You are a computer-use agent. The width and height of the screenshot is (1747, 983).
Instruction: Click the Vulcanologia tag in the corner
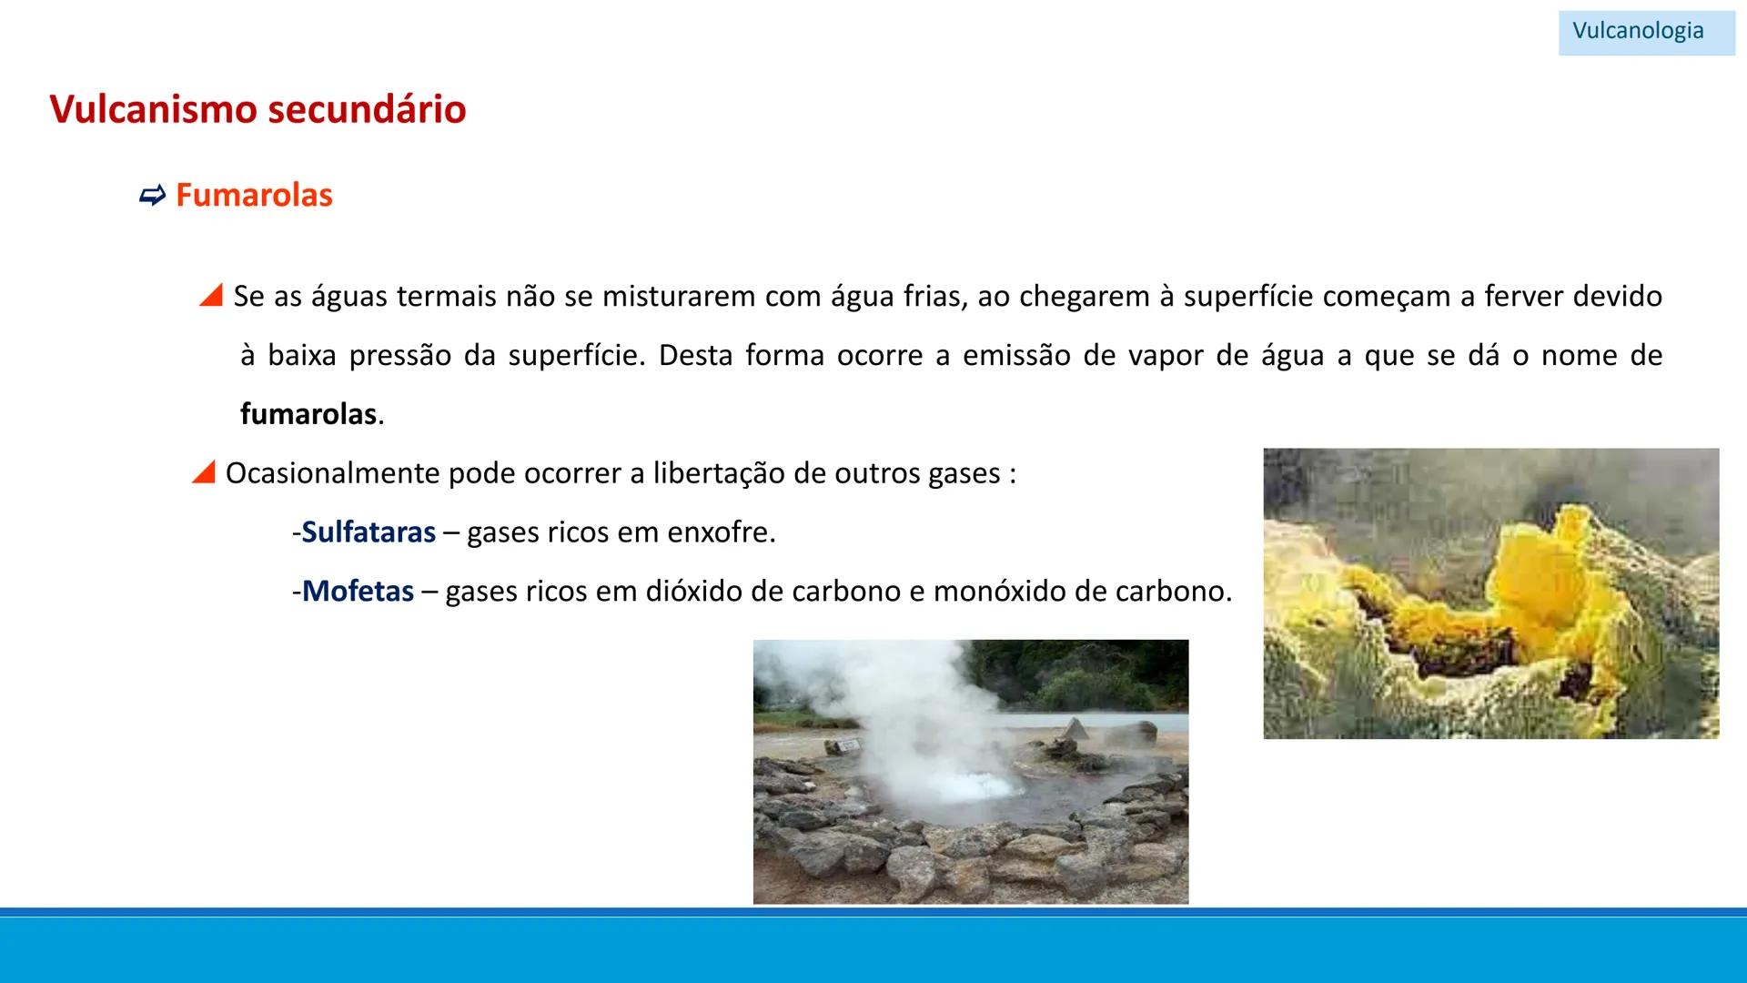pos(1638,31)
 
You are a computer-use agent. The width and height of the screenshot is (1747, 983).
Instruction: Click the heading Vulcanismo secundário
pos(258,109)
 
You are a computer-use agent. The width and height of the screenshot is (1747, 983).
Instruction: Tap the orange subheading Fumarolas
pos(254,195)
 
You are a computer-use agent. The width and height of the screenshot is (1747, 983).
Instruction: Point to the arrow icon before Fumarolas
pos(152,195)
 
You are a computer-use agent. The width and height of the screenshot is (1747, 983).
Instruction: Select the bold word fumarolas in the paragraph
pos(308,414)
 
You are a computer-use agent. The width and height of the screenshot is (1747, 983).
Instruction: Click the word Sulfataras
pos(369,532)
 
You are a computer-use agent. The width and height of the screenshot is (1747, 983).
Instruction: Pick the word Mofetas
pos(358,592)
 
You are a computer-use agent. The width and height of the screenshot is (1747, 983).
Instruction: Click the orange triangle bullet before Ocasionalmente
pos(204,472)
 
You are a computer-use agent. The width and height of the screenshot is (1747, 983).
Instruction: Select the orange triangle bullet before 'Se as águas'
pos(211,295)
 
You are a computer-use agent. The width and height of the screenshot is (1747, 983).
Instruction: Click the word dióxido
pos(697,592)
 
